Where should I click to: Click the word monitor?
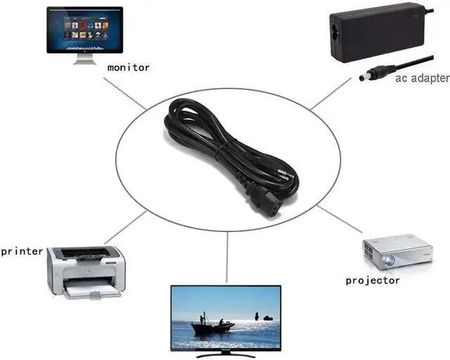129,67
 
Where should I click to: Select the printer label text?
22,250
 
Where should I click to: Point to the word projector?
373,281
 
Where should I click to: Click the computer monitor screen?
84,30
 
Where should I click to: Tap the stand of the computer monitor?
84,59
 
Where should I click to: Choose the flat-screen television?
226,317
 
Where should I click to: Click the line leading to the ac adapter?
330,94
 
